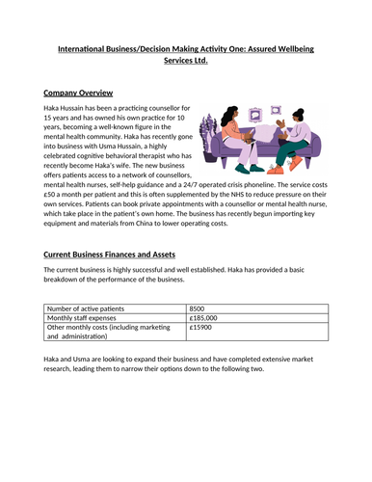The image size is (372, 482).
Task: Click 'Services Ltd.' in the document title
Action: click(186, 61)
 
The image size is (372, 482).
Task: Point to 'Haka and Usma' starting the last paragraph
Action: click(69, 360)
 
